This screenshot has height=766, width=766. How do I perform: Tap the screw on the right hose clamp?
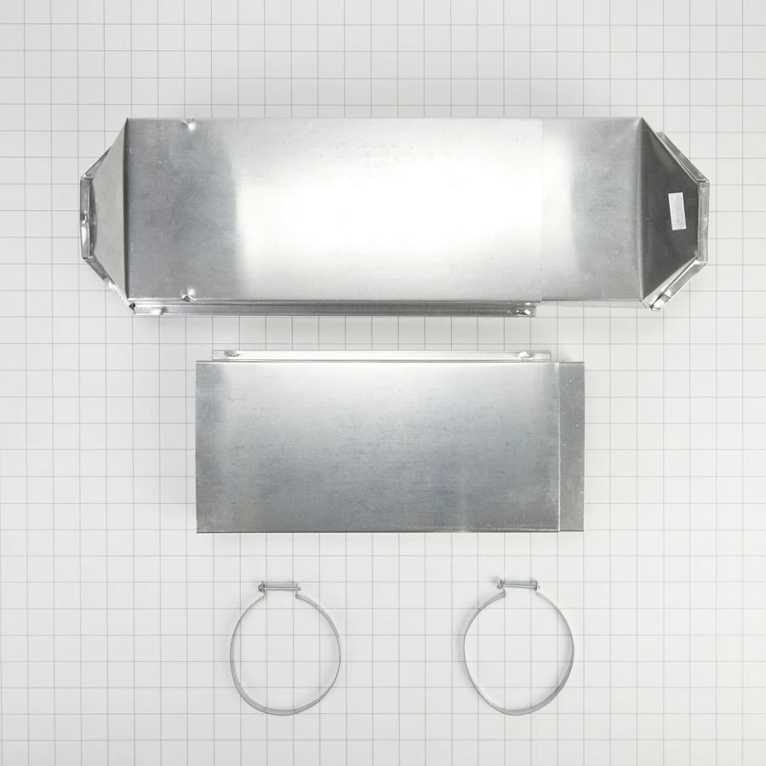[x=517, y=585]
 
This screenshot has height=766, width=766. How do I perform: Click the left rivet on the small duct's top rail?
[x=226, y=354]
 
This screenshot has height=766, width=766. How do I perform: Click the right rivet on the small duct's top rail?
[x=524, y=355]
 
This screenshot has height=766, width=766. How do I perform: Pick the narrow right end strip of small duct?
[x=571, y=446]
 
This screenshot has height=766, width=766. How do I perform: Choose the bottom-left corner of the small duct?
[x=198, y=529]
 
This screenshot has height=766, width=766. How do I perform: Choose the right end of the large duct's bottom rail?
[x=529, y=311]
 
